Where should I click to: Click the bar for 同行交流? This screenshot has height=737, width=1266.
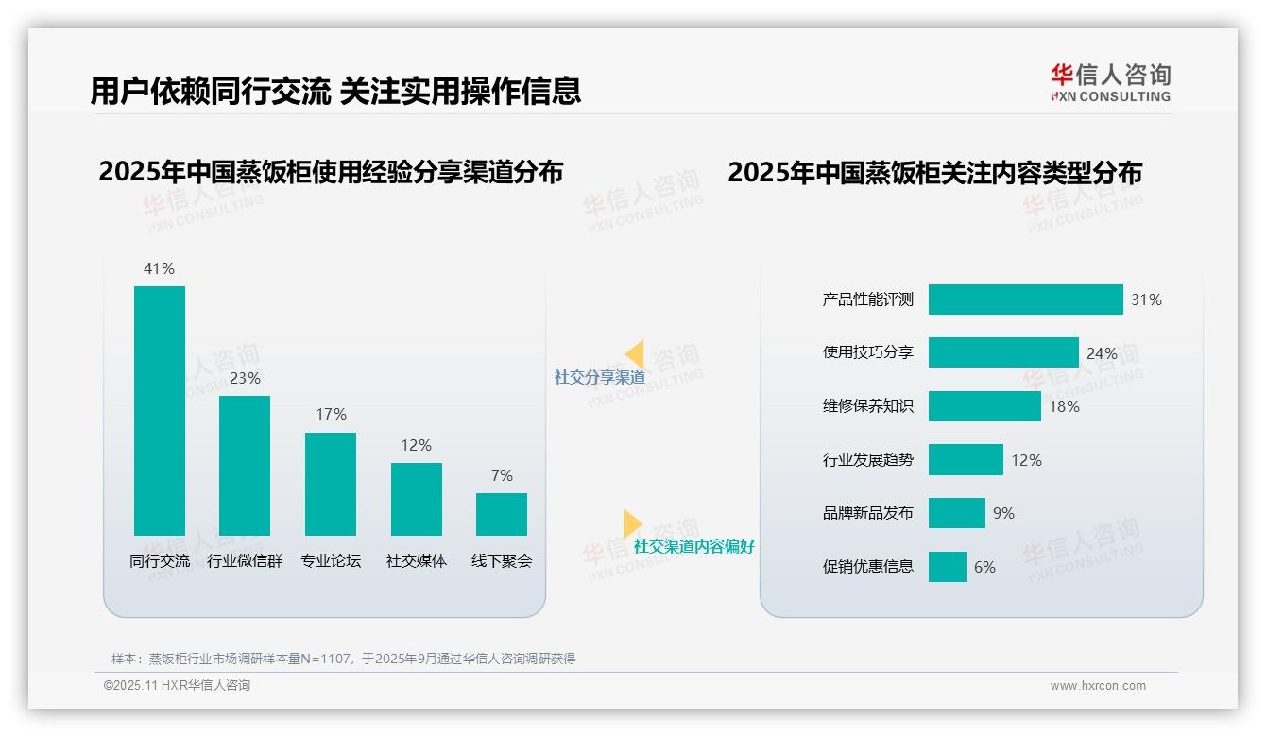[160, 410]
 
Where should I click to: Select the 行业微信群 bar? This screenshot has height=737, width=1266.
[245, 465]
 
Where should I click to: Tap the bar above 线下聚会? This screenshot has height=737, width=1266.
[502, 514]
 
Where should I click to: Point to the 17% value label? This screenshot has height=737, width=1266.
[331, 414]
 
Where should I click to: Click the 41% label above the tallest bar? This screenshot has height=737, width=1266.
[159, 268]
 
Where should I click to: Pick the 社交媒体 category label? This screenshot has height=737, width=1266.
[417, 560]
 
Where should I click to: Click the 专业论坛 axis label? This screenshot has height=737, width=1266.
[331, 560]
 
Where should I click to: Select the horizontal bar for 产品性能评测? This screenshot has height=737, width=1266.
[1025, 300]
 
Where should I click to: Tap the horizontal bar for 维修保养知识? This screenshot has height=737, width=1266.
[984, 406]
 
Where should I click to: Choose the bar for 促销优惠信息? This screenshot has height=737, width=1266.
[948, 567]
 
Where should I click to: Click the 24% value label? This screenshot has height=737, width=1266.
[1102, 353]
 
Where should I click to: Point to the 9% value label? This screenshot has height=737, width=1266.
[1003, 513]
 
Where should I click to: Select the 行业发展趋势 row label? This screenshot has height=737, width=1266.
[868, 460]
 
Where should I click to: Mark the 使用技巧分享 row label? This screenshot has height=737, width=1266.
[868, 352]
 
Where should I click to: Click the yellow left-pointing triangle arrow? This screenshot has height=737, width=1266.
[635, 353]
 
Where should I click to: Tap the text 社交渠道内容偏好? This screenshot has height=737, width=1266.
[693, 546]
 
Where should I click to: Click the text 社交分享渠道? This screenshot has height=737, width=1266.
[599, 377]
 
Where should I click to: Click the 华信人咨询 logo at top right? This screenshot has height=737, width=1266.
[1110, 82]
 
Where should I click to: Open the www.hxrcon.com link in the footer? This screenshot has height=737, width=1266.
[1098, 686]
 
